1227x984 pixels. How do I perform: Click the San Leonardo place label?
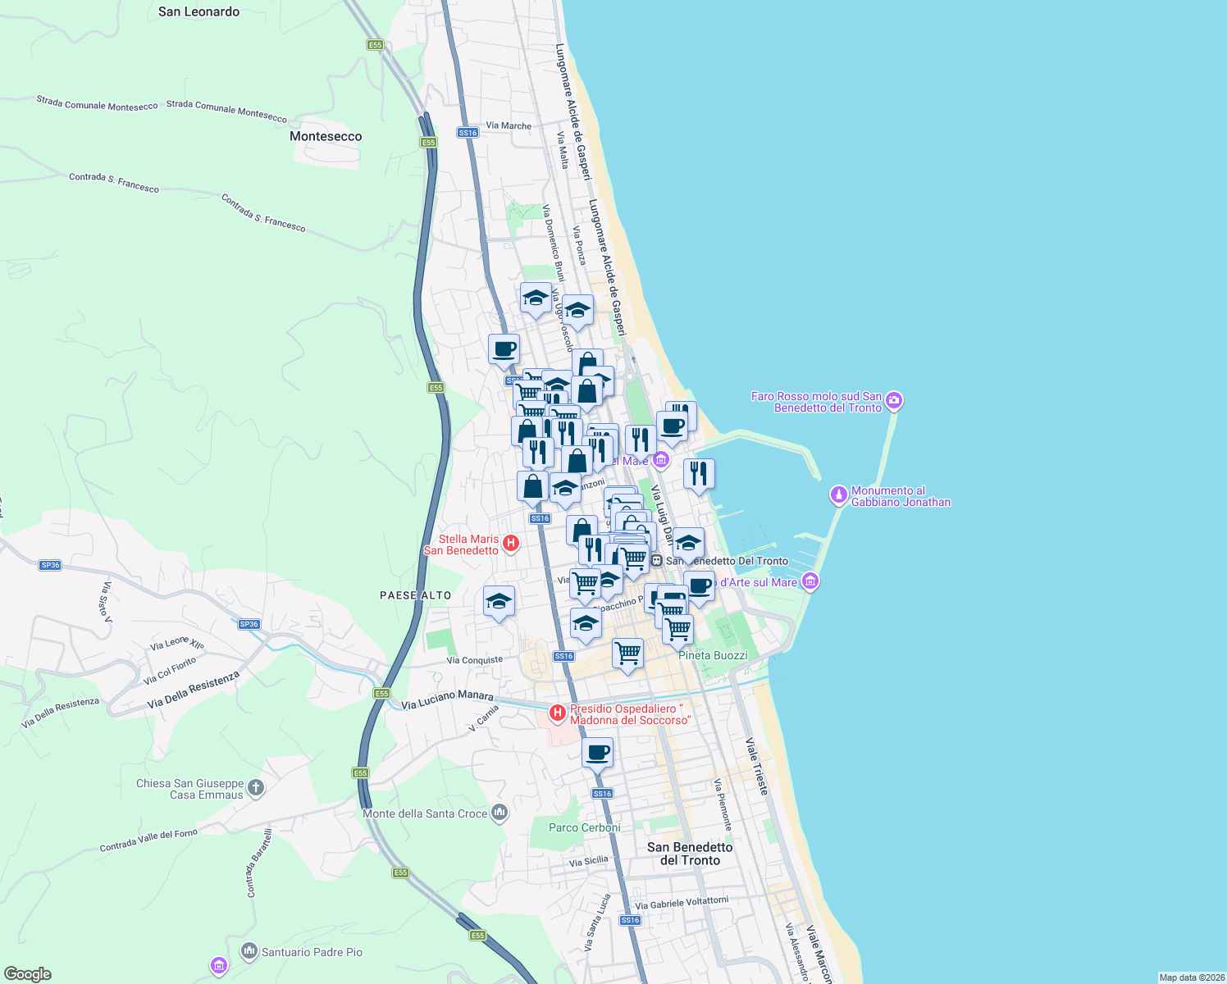tap(198, 11)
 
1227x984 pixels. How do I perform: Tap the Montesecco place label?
tap(326, 136)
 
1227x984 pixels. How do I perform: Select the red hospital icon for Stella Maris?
tap(510, 543)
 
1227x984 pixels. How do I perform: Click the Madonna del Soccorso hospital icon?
tap(558, 713)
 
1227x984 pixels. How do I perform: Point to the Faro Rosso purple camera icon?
tap(894, 401)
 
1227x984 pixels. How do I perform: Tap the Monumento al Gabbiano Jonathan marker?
tap(838, 495)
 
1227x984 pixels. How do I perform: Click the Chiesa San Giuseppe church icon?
tap(256, 788)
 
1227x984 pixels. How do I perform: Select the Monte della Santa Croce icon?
tap(499, 813)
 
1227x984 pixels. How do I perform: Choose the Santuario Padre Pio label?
tap(312, 952)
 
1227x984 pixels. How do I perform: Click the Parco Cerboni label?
tap(584, 827)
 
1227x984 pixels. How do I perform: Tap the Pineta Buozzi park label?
tap(713, 655)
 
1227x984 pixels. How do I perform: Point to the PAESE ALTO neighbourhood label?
tap(415, 595)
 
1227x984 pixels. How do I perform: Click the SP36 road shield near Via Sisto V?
tap(50, 565)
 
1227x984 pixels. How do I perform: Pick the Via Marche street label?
tap(509, 125)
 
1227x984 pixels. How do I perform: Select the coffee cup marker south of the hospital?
tap(597, 753)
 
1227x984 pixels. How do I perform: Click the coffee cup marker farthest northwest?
tap(504, 349)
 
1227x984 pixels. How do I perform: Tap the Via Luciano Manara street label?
tap(447, 699)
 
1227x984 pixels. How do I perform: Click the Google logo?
tap(28, 974)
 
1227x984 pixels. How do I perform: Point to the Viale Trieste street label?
tap(757, 766)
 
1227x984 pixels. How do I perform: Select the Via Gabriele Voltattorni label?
tap(682, 903)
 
